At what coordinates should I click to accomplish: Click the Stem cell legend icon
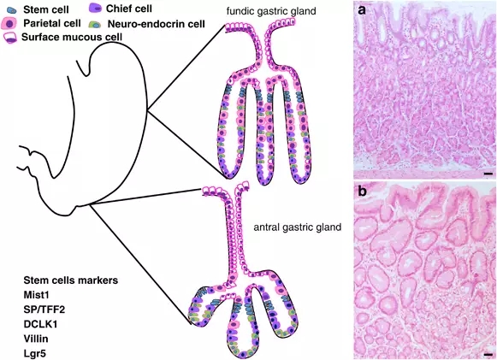pyautogui.click(x=12, y=10)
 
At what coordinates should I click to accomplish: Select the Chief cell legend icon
pyautogui.click(x=95, y=9)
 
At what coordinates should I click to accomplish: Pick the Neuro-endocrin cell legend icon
pyautogui.click(x=95, y=25)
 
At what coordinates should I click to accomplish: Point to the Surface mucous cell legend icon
pyautogui.click(x=10, y=38)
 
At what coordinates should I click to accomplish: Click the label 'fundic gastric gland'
pyautogui.click(x=271, y=11)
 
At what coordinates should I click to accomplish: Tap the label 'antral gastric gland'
pyautogui.click(x=298, y=227)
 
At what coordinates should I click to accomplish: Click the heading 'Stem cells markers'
pyautogui.click(x=71, y=280)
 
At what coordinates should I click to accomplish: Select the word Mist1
pyautogui.click(x=37, y=295)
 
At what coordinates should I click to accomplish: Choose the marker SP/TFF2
pyautogui.click(x=44, y=310)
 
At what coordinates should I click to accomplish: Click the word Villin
pyautogui.click(x=36, y=339)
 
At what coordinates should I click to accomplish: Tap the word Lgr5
pyautogui.click(x=35, y=353)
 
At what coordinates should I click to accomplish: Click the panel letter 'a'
pyautogui.click(x=362, y=11)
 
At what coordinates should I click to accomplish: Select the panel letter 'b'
pyautogui.click(x=362, y=191)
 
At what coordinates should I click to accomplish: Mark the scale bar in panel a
pyautogui.click(x=488, y=174)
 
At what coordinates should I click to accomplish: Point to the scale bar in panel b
pyautogui.click(x=488, y=355)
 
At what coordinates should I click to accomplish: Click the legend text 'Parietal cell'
pyautogui.click(x=52, y=23)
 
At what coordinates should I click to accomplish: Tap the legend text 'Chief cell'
pyautogui.click(x=129, y=9)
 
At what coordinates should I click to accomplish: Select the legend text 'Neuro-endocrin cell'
pyautogui.click(x=157, y=24)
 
